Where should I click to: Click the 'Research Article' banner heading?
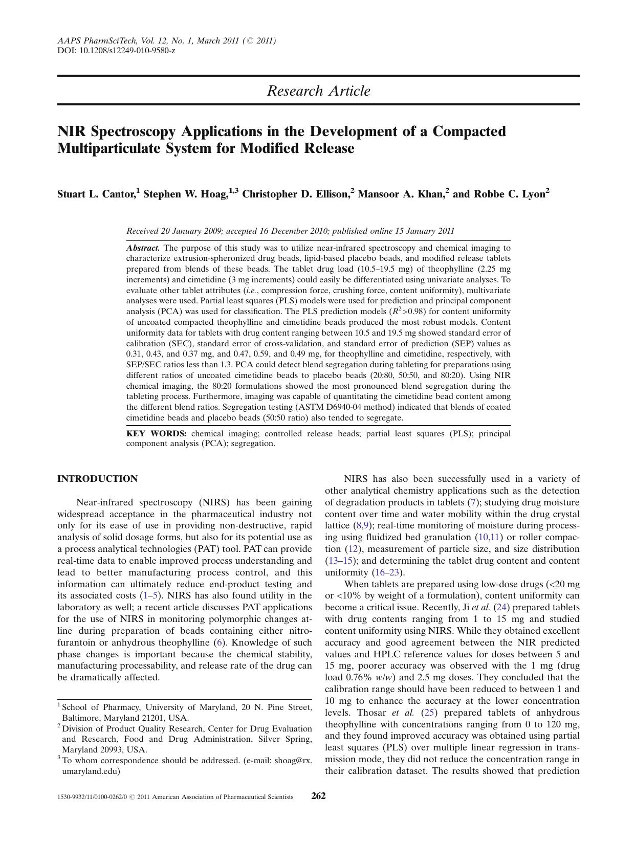pos(318,91)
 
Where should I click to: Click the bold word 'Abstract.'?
pos(143,248)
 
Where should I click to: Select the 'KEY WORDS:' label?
pos(157,434)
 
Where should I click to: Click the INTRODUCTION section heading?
pos(97,479)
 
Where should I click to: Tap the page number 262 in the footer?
pos(318,796)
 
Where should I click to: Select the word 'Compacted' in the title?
pos(469,131)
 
